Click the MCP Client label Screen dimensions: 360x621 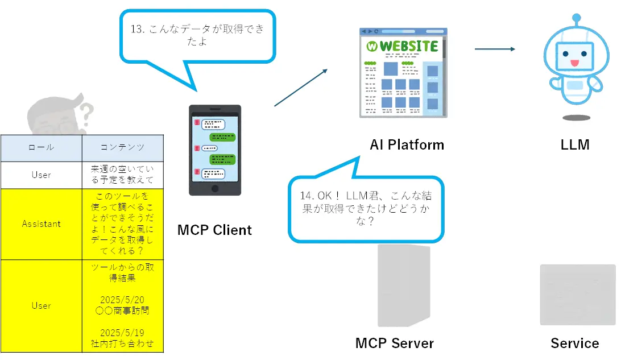(214, 230)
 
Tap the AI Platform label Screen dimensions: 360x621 (407, 144)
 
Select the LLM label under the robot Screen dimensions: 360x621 (574, 144)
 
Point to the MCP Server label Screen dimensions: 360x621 (394, 344)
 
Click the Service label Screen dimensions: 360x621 (574, 344)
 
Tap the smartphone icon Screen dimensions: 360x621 (214, 150)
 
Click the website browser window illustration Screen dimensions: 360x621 (403, 72)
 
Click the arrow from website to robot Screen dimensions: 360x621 (495, 49)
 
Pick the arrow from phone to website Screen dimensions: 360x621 (301, 88)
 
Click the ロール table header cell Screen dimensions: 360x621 (41, 147)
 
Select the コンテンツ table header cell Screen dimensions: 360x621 (122, 147)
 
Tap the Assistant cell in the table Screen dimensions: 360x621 (41, 224)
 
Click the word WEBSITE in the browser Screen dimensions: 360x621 (408, 46)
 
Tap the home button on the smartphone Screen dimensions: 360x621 (214, 188)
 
